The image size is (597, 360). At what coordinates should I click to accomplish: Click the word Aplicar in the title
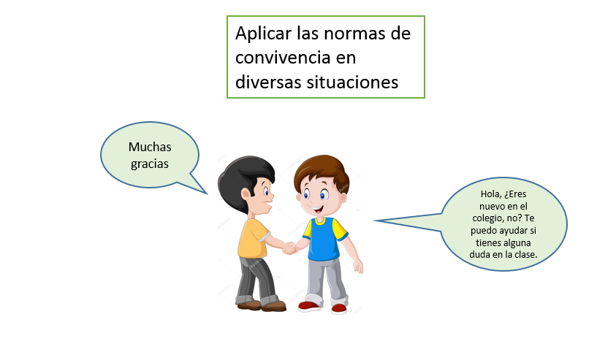pos(263,34)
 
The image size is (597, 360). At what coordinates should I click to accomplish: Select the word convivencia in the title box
pos(283,58)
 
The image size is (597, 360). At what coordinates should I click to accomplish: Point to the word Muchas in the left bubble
pos(150,147)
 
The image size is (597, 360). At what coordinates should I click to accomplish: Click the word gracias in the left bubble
pos(150,164)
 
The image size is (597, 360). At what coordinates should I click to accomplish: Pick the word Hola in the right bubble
pos(490,194)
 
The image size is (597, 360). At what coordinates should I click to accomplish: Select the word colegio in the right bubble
pos(487,218)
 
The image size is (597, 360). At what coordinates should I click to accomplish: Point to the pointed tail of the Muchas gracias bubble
pos(207,194)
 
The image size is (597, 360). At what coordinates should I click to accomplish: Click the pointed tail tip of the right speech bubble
pos(374,221)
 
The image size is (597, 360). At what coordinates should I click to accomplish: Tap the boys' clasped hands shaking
pos(290,248)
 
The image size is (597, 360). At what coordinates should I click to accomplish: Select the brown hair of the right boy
pos(322,169)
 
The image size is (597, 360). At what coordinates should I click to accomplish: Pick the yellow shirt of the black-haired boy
pos(251,239)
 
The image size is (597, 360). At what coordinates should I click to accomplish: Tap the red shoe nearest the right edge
pos(338,307)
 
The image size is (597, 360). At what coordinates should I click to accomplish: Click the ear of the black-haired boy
pos(246,194)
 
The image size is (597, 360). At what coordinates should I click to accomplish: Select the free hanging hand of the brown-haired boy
pos(358,266)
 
